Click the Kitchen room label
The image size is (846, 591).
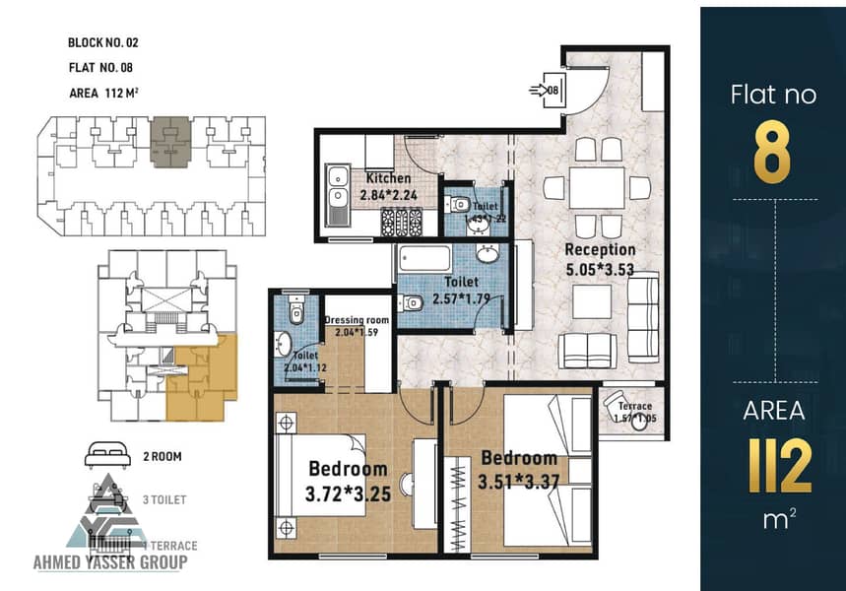[387, 178]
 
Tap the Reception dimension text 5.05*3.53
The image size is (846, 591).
[600, 267]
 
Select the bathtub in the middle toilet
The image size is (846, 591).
[424, 259]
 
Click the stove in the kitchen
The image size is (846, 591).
[401, 225]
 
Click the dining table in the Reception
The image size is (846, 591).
[597, 187]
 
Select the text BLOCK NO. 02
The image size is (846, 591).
[104, 42]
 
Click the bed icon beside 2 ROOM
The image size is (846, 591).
[107, 455]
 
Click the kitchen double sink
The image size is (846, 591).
[337, 194]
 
